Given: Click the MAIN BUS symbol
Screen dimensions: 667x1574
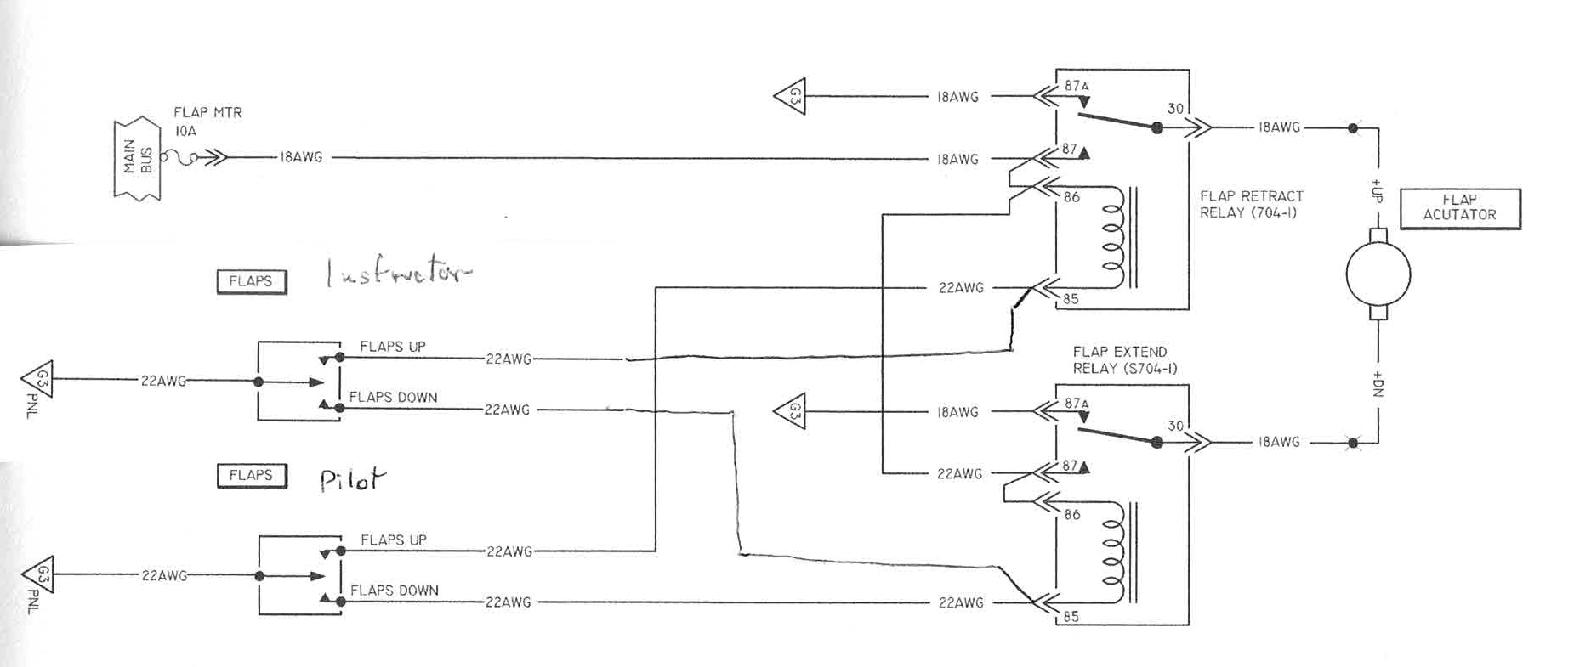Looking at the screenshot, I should point(136,160).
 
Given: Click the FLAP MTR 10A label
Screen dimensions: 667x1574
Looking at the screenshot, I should point(207,121).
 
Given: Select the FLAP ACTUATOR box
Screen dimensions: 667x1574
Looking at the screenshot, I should point(1459,208).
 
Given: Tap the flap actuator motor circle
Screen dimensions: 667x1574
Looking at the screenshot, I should point(1378,274).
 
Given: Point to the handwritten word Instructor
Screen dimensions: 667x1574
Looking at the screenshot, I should point(398,273).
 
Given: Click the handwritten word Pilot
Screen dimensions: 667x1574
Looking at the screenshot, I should point(351,480).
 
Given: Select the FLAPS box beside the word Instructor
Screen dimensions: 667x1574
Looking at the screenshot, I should point(251,281).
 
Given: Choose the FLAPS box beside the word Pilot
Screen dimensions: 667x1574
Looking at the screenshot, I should point(251,475).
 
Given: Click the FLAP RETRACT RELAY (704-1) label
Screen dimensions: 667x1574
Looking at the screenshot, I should point(1251,204).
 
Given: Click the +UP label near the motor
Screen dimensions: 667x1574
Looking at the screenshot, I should point(1377,189).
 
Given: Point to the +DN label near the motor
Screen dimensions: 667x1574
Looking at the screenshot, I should point(1378,384).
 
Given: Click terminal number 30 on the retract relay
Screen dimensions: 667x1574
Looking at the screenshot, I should point(1175,109).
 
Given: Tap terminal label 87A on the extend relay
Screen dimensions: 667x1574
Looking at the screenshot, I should point(1077,404).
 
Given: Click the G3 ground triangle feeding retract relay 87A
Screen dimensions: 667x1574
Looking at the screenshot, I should point(790,96).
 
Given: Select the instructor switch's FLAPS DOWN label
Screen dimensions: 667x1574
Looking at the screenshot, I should point(393,397).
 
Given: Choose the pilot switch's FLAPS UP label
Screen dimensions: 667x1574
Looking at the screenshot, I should point(393,540).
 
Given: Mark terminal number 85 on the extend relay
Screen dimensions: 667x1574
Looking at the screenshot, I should point(1071,617).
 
